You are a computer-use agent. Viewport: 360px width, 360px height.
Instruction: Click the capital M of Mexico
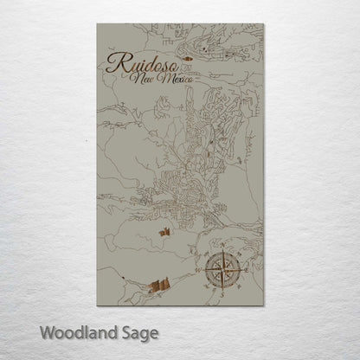pyautogui.click(x=164, y=79)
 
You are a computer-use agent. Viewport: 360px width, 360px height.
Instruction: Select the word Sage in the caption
pyautogui.click(x=138, y=333)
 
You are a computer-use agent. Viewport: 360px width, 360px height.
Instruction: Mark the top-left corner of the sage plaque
pyautogui.click(x=98, y=24)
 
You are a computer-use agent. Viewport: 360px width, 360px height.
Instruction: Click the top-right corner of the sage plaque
pyautogui.click(x=263, y=24)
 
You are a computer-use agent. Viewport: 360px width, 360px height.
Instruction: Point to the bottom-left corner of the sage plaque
pyautogui.click(x=98, y=305)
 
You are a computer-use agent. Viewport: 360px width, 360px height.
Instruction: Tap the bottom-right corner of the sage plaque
pyautogui.click(x=263, y=305)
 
